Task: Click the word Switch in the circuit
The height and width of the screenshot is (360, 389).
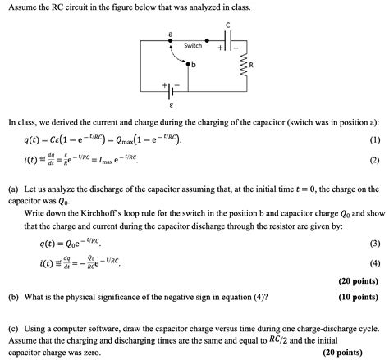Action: point(193,45)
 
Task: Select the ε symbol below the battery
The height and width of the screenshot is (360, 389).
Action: point(170,106)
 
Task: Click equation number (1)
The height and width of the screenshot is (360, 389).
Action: point(375,140)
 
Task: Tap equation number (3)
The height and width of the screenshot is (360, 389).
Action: point(375,244)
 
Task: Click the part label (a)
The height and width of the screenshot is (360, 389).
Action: point(13,189)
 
